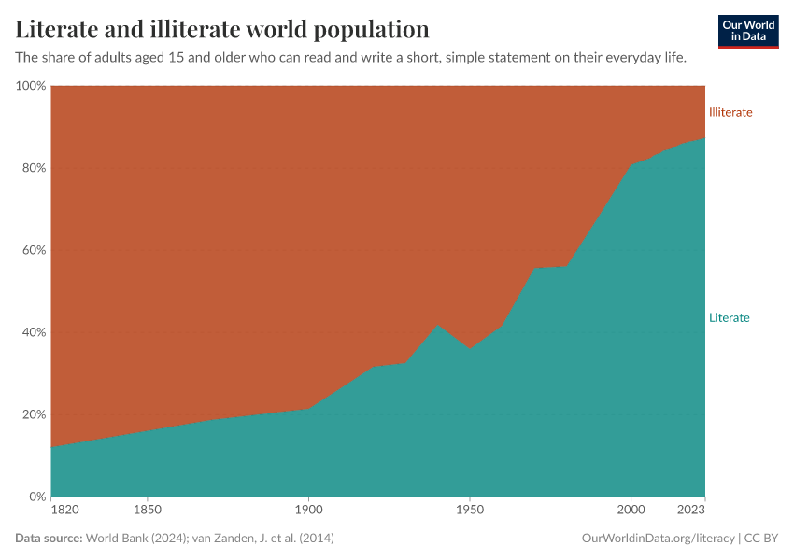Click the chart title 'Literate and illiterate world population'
pos(222,29)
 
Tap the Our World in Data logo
pos(748,31)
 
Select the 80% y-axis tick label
pos(34,168)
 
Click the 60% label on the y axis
pos(34,250)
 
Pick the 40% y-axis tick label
pos(34,332)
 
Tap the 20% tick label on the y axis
pos(34,414)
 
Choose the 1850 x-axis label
pos(148,510)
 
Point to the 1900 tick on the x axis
pos(308,510)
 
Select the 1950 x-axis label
pos(470,510)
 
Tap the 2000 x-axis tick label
pos(631,510)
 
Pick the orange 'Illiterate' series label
pos(730,112)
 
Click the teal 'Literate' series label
pos(729,317)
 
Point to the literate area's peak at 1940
pos(437,325)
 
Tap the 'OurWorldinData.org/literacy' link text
pos(658,539)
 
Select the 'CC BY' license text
pos(761,539)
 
